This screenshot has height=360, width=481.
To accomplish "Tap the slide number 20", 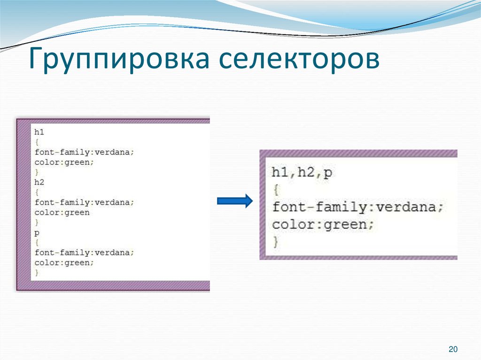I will pos(453,349).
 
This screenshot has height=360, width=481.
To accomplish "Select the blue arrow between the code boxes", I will pos(234,201).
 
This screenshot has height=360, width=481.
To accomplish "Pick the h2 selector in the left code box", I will pos(39,182).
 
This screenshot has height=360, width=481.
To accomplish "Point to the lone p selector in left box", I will pos(37,233).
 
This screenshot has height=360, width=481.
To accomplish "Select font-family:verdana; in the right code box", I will pos(357,207).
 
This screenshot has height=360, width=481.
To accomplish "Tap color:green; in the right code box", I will pos(323,224).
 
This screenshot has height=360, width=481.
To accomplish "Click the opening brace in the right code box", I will pos(275,190).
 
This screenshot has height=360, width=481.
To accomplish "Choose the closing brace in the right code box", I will pos(275,242).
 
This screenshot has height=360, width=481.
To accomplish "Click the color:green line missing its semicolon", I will pos(62,212).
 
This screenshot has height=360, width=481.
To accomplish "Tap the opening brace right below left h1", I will pos(37,142).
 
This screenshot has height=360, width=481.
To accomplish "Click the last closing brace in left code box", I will pos(37,273).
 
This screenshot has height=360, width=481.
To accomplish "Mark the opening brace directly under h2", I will pos(37,192).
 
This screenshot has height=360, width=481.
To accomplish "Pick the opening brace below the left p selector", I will pos(37,243).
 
